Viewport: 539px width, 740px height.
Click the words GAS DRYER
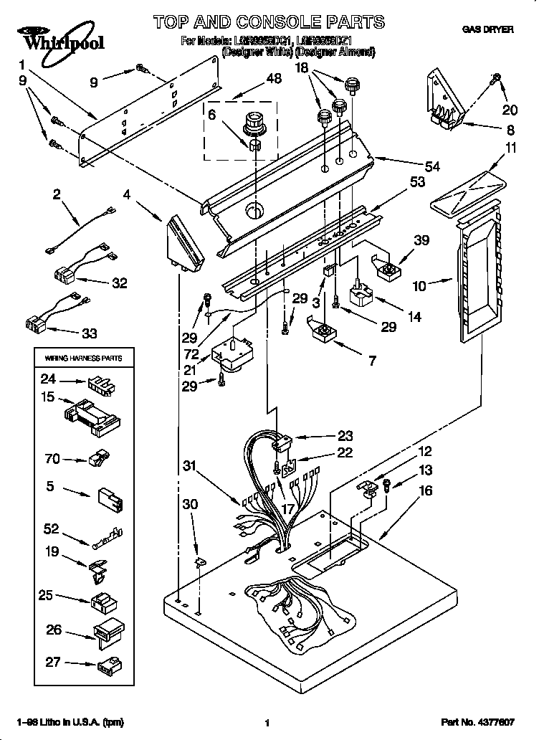(487, 29)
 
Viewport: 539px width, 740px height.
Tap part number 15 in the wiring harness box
(48, 396)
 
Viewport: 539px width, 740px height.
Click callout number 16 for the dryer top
(425, 491)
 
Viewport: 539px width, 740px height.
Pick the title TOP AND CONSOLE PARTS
(269, 22)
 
